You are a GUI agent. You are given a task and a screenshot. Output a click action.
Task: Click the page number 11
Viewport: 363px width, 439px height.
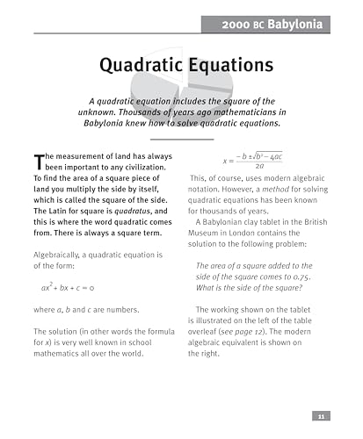321,417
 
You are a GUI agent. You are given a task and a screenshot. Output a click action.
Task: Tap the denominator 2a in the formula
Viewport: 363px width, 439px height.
260,166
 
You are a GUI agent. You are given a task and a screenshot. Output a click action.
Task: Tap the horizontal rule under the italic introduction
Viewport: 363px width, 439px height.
182,138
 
